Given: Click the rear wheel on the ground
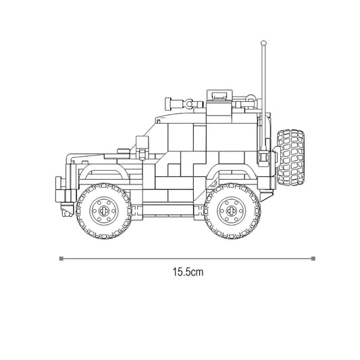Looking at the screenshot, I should (x=231, y=210).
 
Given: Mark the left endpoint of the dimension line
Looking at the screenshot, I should (x=61, y=257).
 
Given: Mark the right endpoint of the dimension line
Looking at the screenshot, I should (x=313, y=257).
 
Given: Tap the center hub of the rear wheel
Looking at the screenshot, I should (x=231, y=210).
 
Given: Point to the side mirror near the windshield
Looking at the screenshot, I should (x=141, y=143).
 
